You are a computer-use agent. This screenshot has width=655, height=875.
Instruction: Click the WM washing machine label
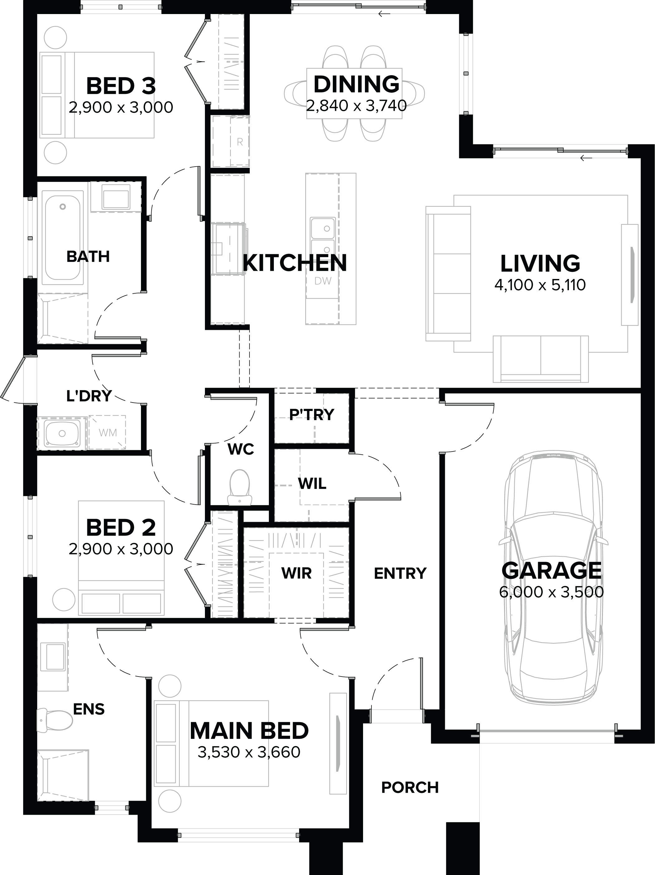coord(108,433)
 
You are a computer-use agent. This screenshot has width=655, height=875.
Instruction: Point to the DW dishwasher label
coord(323,281)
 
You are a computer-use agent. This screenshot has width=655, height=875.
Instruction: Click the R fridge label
coord(240,142)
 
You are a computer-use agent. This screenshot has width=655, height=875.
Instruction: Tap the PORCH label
coord(410,787)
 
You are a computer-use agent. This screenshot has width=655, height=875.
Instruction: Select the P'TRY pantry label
coord(312,414)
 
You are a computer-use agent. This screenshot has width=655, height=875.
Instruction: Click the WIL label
coord(312,483)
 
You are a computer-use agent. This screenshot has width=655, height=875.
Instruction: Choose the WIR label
coord(297,573)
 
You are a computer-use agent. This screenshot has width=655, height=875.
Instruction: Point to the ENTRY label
coord(400,573)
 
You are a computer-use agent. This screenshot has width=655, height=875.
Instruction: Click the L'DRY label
coord(89,396)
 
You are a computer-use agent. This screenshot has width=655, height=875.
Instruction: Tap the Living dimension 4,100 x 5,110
coord(540,285)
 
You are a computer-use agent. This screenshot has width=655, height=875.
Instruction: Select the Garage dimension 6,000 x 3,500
coord(551,592)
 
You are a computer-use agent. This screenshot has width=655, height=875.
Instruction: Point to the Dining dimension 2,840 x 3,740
coord(356,105)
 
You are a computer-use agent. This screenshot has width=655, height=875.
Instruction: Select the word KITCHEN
coord(294,263)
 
